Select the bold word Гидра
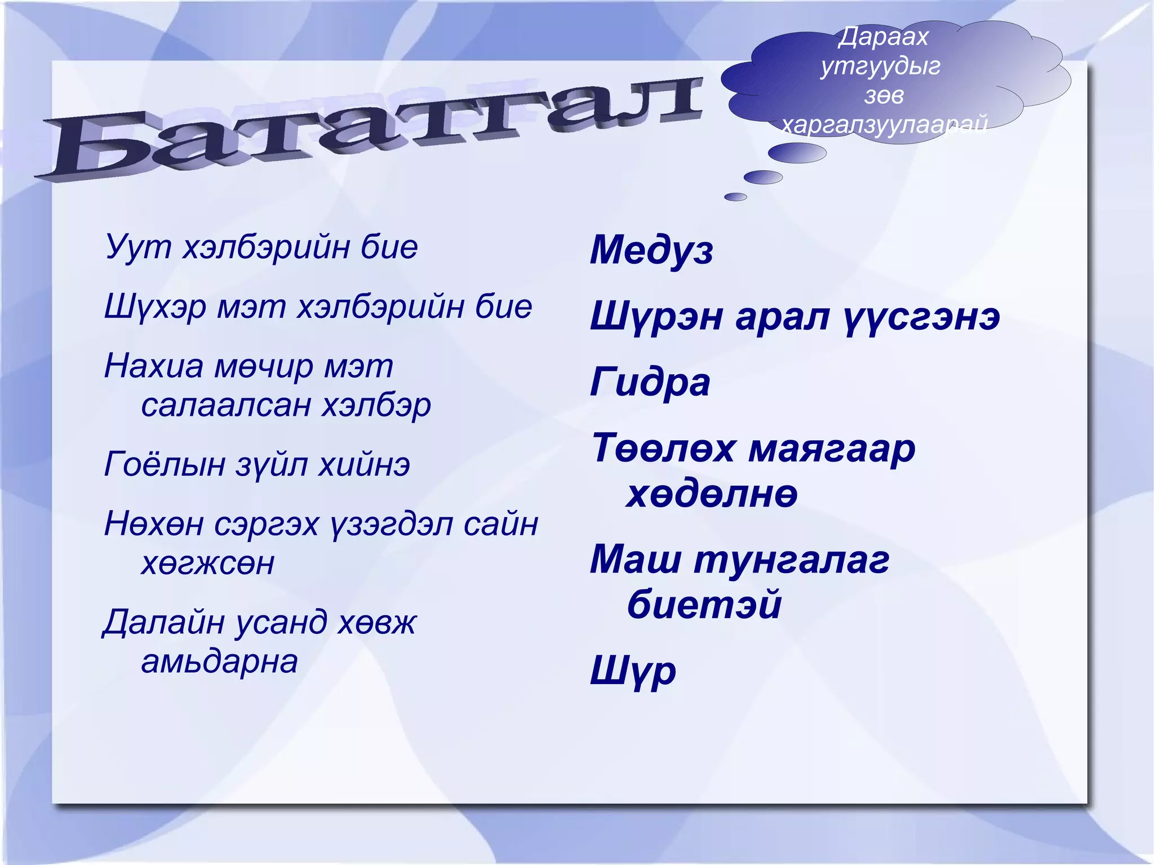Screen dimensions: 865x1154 pos(650,383)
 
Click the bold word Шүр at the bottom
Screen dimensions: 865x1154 pos(633,671)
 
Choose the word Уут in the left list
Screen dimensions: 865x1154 pos(137,246)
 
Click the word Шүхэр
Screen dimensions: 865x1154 pos(155,308)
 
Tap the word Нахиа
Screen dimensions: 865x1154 pos(153,366)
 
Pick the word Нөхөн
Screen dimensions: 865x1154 pos(153,525)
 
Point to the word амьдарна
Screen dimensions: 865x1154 pos(219,662)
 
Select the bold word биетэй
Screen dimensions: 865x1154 pos(704,604)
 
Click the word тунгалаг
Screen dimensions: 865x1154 pos(792,561)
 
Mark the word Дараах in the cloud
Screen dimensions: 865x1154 pos(883,37)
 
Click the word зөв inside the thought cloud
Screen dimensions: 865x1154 pos(884,96)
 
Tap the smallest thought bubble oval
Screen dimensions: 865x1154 pos(735,197)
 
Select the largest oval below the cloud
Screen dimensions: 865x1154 pos(797,153)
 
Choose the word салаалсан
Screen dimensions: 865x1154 pos(225,405)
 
